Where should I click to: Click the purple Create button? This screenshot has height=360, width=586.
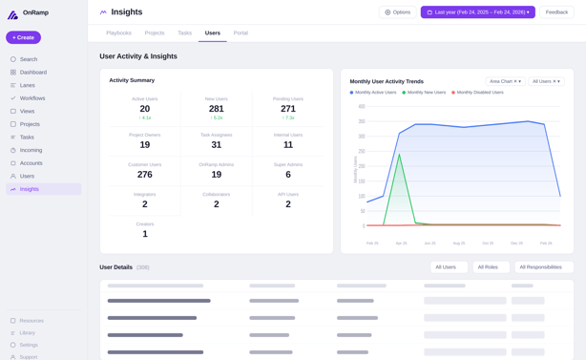23,37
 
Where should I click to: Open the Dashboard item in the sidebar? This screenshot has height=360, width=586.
32,73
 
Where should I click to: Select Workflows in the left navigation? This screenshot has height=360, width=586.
32,98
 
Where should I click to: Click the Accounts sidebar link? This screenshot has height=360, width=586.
31,163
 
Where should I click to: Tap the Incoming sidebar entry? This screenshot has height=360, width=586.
31,150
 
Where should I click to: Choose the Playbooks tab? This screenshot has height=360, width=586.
118,32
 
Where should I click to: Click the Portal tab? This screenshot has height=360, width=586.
241,32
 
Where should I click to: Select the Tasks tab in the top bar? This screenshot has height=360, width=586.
184,32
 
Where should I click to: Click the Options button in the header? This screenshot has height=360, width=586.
398,12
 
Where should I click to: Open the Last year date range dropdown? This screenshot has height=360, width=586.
477,12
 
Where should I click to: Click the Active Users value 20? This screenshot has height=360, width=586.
145,109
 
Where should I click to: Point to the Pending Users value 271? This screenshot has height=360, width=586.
288,109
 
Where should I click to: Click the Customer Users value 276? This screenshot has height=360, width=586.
145,175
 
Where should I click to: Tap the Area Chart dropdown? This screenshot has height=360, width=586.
505,81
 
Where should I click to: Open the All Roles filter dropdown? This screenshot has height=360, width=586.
491,267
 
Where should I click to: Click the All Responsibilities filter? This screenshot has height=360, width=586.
543,267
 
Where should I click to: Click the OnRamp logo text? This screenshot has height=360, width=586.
36,13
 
